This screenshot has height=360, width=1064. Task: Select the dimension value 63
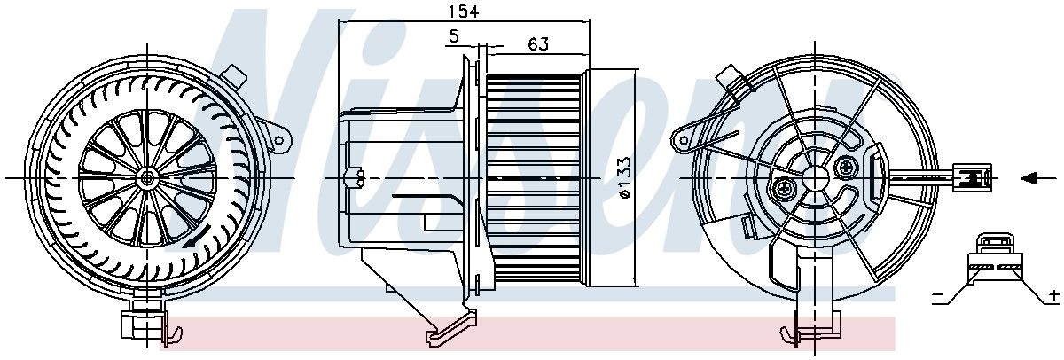pyautogui.click(x=537, y=43)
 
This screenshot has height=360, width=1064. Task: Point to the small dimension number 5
pyautogui.click(x=454, y=37)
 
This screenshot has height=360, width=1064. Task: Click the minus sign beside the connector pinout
pyautogui.click(x=938, y=298)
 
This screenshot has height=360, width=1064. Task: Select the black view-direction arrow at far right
pyautogui.click(x=1031, y=178)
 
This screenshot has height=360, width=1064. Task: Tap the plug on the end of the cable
pyautogui.click(x=972, y=176)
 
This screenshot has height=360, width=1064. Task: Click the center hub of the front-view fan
pyautogui.click(x=147, y=177)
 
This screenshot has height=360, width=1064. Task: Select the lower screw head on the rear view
pyautogui.click(x=786, y=188)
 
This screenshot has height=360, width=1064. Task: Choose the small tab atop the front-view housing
pyautogui.click(x=235, y=74)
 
